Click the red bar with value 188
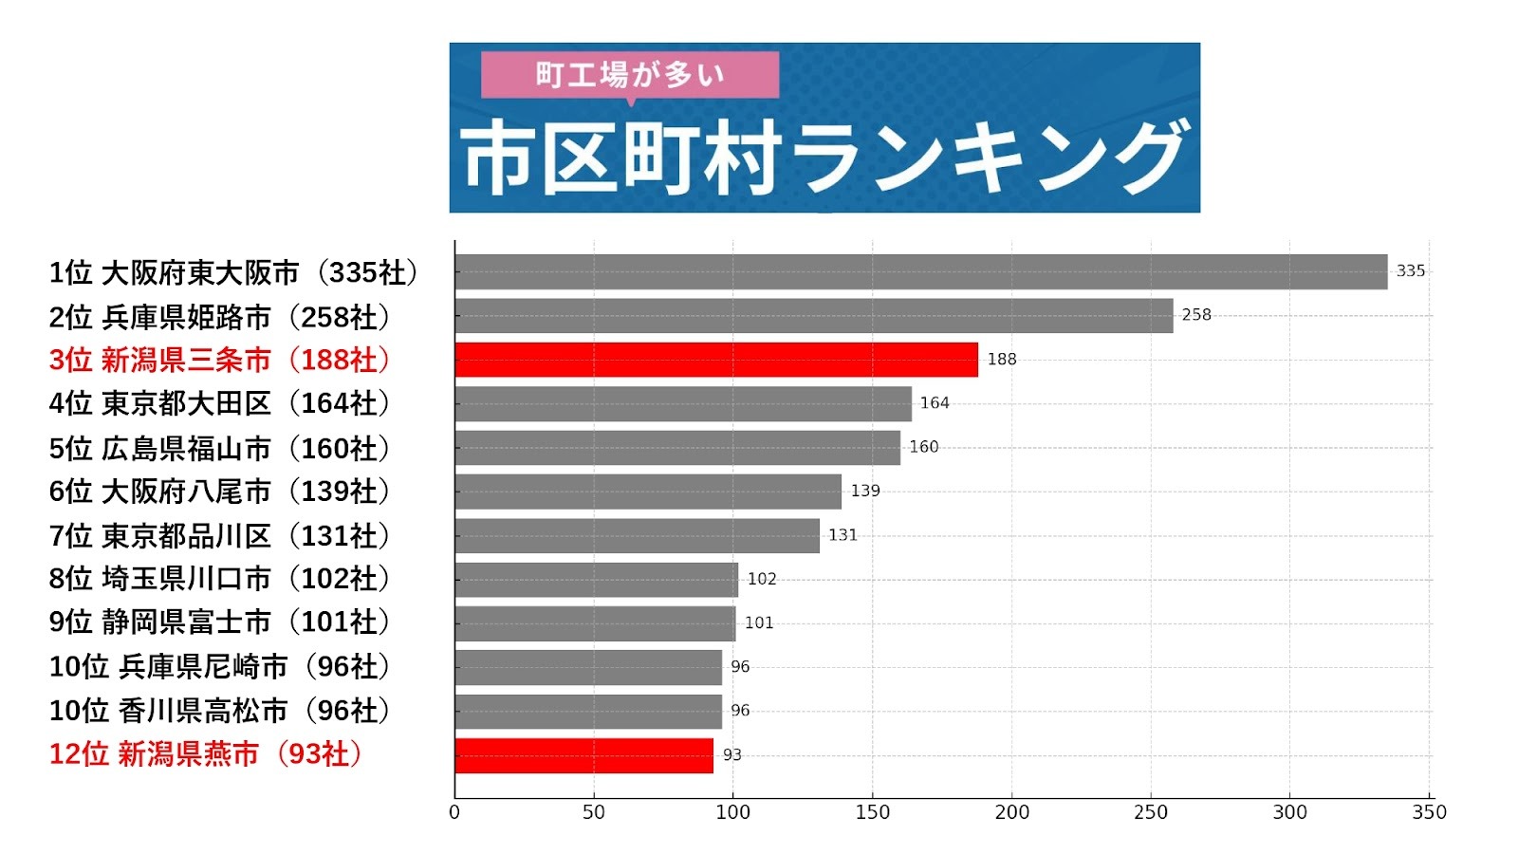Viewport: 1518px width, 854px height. point(716,360)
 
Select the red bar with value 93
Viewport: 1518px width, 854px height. point(583,755)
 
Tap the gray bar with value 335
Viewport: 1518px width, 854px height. point(920,271)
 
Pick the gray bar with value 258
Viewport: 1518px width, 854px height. point(814,316)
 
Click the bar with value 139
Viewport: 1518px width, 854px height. point(648,492)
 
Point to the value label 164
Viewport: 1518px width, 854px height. point(935,403)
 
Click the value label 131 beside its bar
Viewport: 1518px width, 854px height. point(842,535)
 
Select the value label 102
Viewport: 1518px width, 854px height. point(762,579)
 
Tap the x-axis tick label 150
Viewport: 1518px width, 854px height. point(872,812)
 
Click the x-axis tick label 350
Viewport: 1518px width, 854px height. point(1429,812)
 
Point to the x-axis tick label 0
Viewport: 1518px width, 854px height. point(454,812)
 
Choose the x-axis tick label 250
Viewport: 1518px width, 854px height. point(1151,812)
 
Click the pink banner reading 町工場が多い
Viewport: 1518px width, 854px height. point(630,74)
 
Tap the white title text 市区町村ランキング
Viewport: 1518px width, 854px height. point(824,158)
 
